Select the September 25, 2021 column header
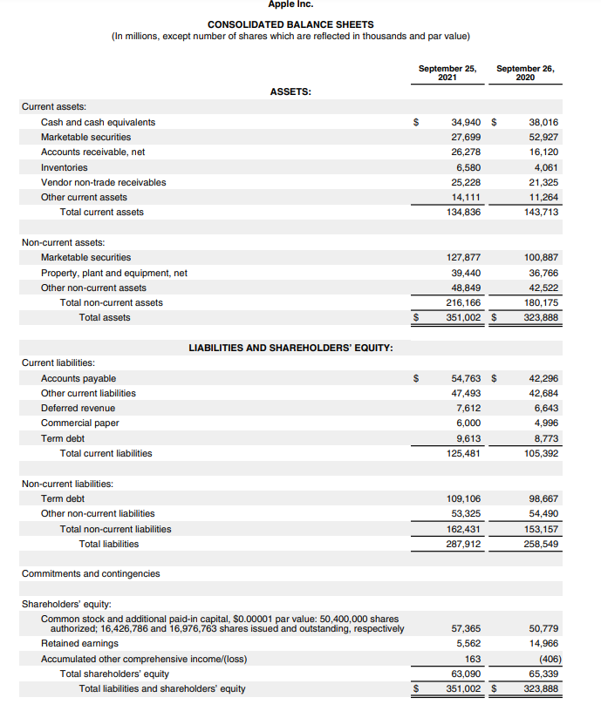click(447, 72)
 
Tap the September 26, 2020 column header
click(525, 72)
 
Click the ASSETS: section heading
click(291, 91)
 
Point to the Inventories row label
click(64, 167)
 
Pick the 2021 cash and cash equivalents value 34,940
click(466, 122)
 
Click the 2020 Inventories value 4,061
click(544, 167)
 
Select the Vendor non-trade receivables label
click(103, 182)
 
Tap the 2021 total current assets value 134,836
click(463, 212)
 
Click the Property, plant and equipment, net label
click(113, 273)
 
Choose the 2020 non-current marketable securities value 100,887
click(541, 258)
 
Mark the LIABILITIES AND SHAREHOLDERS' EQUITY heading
click(290, 348)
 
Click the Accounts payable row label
click(78, 378)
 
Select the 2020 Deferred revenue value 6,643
click(544, 408)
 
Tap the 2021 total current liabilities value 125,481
click(463, 453)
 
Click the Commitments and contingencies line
click(90, 573)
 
